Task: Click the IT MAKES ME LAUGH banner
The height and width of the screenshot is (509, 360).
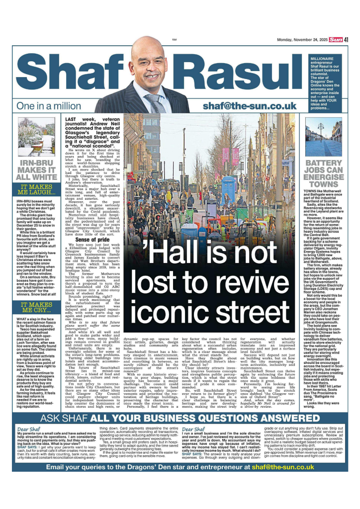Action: (x=36, y=190)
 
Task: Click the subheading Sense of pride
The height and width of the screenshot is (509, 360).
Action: (x=92, y=240)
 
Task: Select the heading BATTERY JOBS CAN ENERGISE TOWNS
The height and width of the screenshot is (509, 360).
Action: (x=323, y=174)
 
